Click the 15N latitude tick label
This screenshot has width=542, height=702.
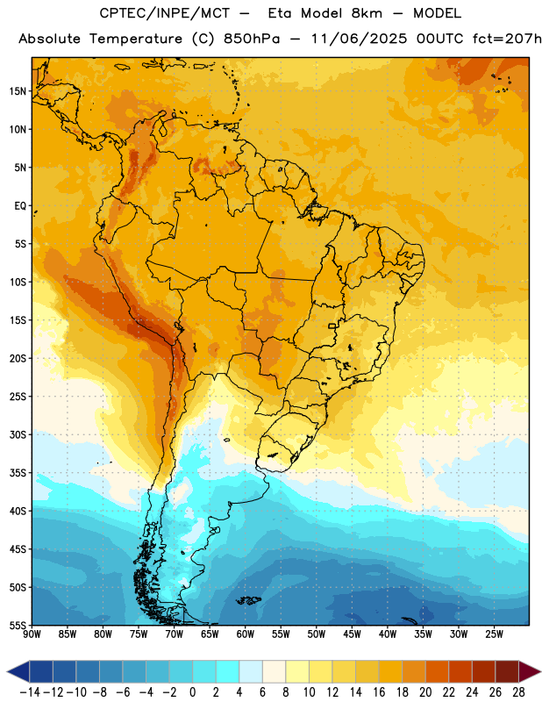[18, 91]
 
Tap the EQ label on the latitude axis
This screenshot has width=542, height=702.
[20, 206]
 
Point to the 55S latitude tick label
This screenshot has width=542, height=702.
[18, 625]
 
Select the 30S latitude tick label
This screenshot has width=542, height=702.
[18, 434]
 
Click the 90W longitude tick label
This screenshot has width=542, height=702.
[32, 634]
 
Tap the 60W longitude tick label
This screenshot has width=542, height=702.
[246, 634]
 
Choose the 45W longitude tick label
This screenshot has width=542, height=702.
[353, 634]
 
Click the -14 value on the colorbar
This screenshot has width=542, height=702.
[30, 692]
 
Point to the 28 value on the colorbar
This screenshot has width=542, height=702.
[518, 692]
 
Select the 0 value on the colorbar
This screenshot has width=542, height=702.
[192, 692]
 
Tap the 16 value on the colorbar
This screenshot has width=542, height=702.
[379, 692]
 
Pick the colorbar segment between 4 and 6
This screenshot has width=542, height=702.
[251, 671]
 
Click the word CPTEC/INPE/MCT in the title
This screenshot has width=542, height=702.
[165, 13]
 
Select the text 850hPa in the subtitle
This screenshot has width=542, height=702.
[252, 39]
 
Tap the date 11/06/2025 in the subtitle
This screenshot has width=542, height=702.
[359, 39]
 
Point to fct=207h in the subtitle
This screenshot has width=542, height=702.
[507, 39]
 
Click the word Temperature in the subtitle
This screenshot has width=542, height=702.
[136, 39]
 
